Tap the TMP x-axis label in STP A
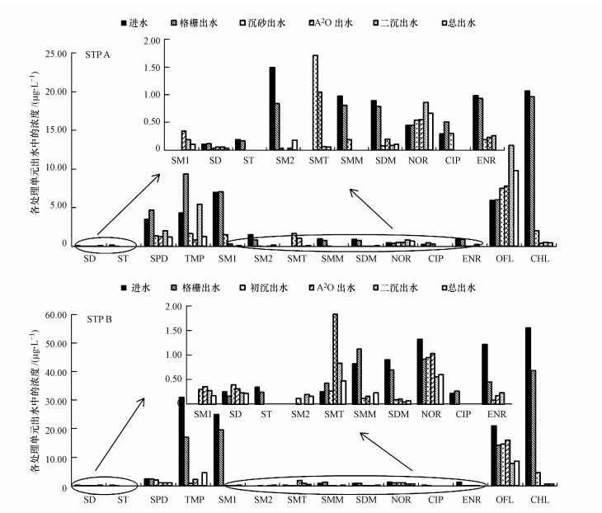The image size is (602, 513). [x=194, y=259]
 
